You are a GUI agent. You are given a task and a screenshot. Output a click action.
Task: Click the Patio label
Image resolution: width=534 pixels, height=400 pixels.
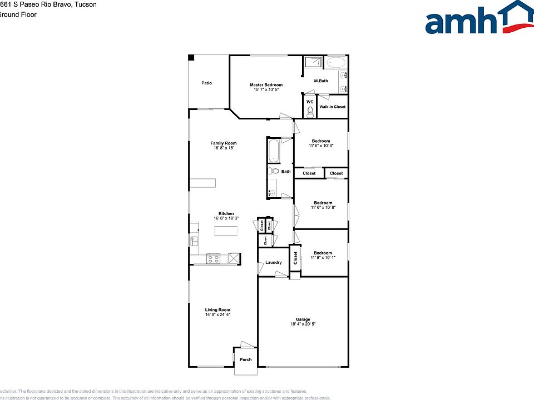[x=206, y=83]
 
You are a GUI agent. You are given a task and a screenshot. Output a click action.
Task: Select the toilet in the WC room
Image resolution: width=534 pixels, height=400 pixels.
[x=310, y=112]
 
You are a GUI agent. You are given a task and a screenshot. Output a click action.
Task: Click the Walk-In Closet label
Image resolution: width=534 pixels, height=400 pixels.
[x=332, y=107]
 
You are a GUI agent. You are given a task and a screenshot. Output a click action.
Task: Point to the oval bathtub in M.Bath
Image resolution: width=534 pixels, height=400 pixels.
[x=335, y=62]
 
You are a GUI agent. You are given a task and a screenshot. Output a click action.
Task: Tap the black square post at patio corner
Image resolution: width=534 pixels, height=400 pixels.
[x=191, y=57]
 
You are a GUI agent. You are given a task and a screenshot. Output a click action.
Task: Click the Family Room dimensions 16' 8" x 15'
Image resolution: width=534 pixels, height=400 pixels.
[x=223, y=148]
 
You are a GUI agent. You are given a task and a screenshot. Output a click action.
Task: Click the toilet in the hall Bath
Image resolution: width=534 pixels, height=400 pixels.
[x=273, y=172]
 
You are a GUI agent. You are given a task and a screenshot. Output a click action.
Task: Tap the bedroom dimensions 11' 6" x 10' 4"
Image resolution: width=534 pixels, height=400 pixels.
[x=321, y=146]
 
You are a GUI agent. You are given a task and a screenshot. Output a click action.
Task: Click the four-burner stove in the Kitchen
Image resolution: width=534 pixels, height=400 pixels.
[x=214, y=258]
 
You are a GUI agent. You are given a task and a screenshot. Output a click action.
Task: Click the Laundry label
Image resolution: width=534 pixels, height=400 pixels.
[x=273, y=262]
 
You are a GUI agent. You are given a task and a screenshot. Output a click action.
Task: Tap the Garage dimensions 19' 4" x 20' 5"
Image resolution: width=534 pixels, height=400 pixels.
[x=303, y=324]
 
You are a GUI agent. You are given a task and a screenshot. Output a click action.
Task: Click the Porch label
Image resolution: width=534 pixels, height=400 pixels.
[x=245, y=359]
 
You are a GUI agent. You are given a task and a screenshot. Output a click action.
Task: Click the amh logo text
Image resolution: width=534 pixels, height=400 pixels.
[x=461, y=22]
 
